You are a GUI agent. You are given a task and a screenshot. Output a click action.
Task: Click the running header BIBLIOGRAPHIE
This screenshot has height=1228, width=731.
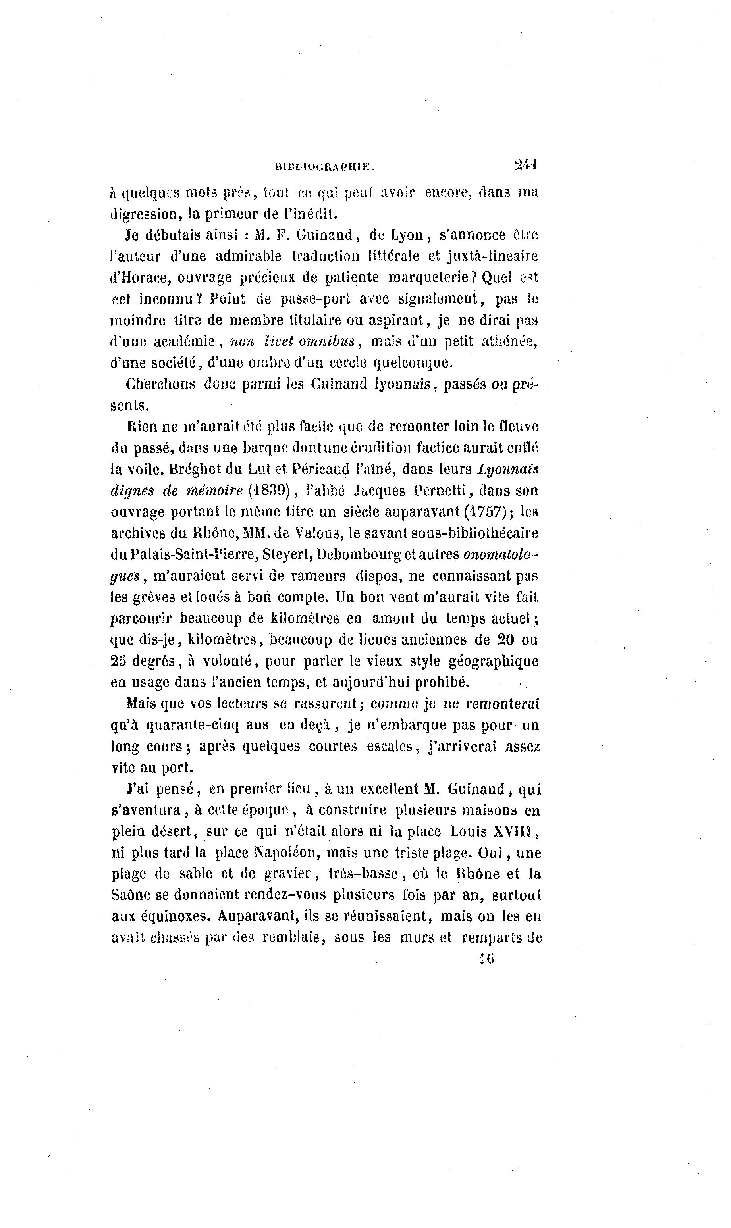click(x=325, y=167)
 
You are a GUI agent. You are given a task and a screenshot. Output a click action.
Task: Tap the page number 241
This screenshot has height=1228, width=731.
click(x=526, y=164)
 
